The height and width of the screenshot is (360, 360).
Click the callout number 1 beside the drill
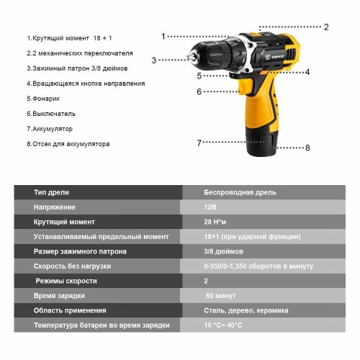[x=163, y=36]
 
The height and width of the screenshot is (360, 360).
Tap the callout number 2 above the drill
[x=326, y=27]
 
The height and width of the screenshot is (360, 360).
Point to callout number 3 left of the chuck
[x=153, y=60]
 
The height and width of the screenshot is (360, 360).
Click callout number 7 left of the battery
[x=199, y=143]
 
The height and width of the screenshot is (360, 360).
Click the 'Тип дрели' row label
[x=52, y=192]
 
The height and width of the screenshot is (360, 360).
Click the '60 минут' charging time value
[x=221, y=296]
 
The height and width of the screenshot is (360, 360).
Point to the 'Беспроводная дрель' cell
[x=240, y=192]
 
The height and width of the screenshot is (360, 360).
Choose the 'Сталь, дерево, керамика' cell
[x=246, y=310]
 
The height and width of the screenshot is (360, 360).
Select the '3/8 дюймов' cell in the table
[x=224, y=251]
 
